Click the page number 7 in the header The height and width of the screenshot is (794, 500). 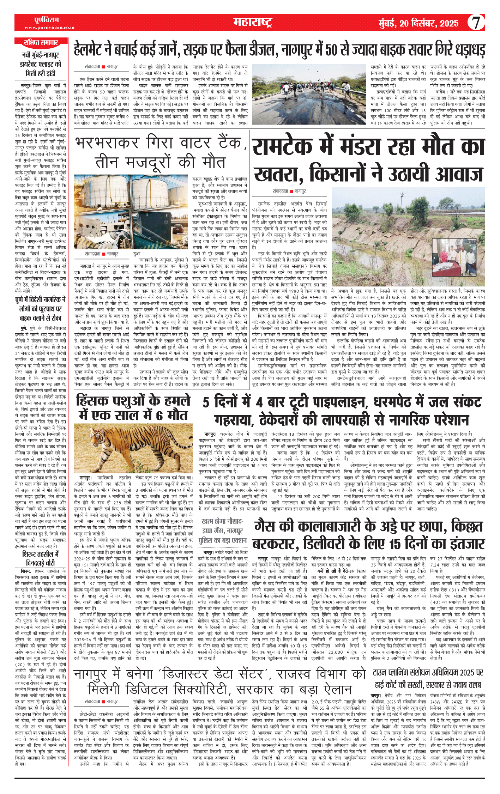(476, 23)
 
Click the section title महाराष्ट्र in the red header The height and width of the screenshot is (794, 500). (253, 23)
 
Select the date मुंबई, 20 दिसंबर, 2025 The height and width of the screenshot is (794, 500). (418, 23)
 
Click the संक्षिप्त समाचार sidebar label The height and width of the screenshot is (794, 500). (41, 43)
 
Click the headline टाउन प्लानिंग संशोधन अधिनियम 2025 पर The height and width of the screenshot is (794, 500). (428, 672)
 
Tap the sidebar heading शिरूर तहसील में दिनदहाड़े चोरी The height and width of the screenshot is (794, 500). (41, 558)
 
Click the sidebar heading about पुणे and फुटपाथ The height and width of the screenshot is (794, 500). (41, 309)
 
